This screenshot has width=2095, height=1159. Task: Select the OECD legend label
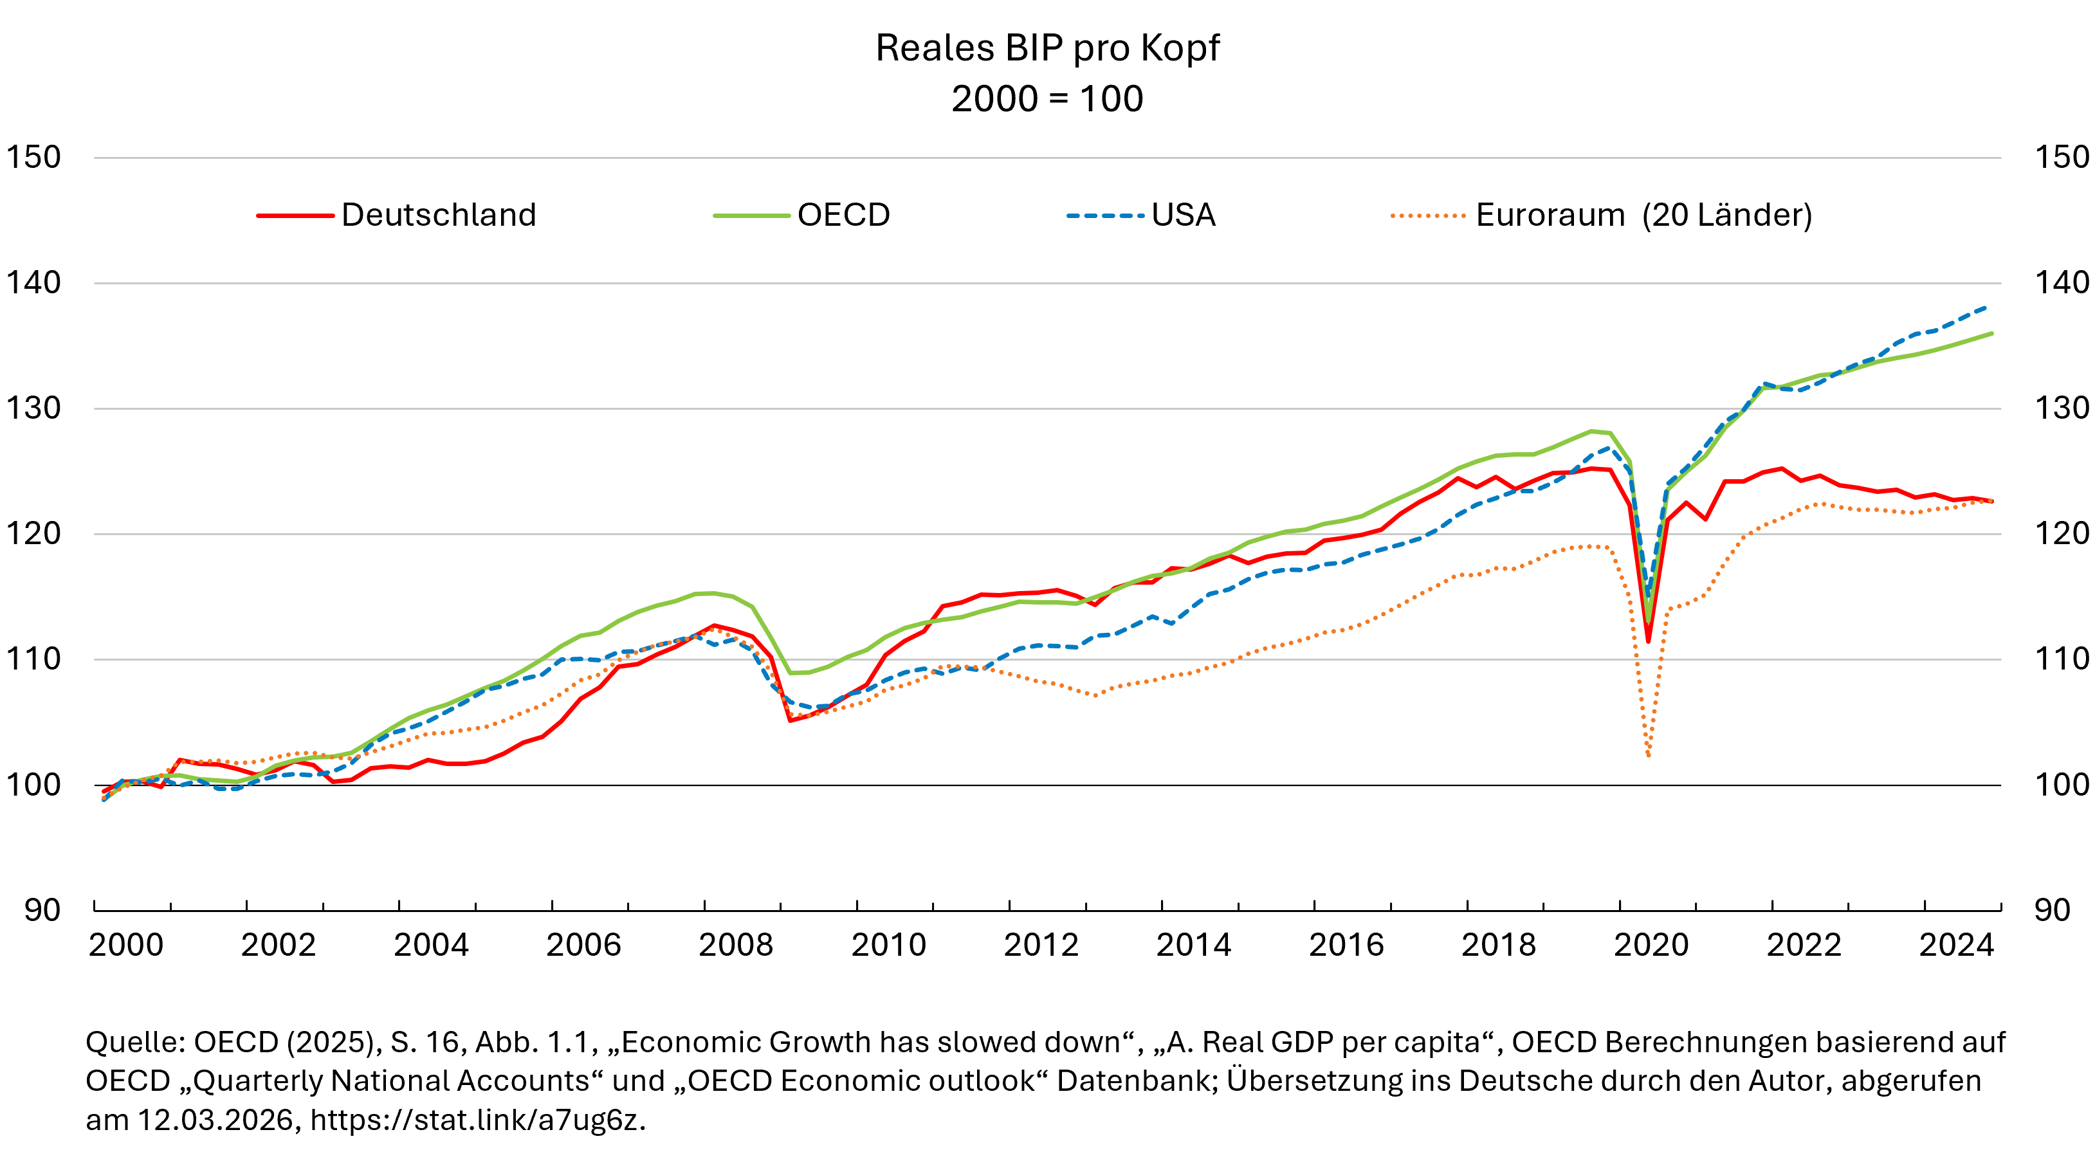pos(843,215)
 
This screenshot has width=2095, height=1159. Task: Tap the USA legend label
pos(1184,215)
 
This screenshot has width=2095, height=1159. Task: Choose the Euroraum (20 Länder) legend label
pos(1643,215)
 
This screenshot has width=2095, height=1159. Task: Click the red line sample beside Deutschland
pos(295,215)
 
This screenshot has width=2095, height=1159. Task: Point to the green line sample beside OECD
pos(751,215)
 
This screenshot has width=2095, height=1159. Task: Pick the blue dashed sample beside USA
pos(1105,215)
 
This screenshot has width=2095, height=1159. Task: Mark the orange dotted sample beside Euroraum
pos(1428,215)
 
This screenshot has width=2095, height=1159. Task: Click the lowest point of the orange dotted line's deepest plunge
pos(1649,756)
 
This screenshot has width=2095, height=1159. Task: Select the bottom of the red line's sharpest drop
pos(1649,643)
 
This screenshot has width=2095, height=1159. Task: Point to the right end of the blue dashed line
pos(1986,307)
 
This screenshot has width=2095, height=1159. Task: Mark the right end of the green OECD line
pos(1991,333)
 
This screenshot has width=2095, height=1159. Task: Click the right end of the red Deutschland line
pos(1991,501)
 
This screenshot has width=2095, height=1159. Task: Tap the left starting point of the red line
pos(104,791)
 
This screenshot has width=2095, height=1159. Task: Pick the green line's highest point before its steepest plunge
pos(1591,431)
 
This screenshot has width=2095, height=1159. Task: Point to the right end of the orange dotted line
pos(1991,502)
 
